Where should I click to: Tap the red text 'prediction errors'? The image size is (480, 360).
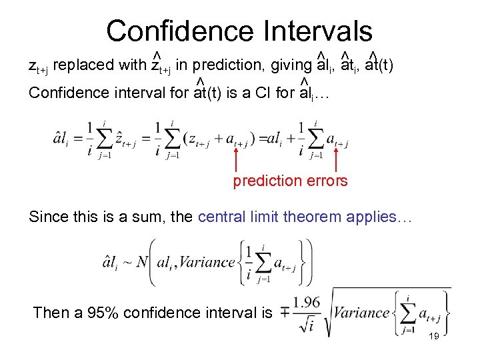pos(290,181)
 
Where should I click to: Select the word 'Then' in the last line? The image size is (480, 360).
pos(49,313)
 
